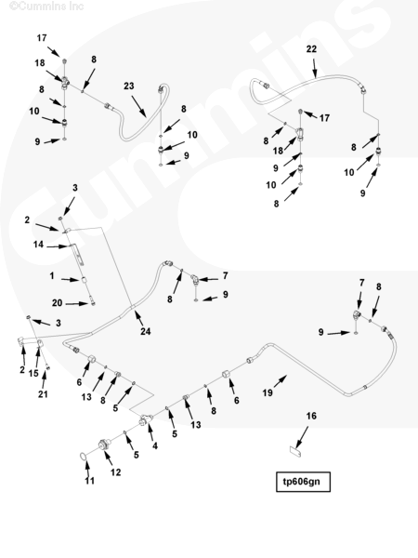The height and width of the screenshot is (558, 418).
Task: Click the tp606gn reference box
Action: click(x=303, y=482)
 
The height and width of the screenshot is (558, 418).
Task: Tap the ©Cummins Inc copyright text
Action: click(x=46, y=7)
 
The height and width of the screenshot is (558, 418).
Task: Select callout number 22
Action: click(x=311, y=48)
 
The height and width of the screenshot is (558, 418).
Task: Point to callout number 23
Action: click(x=129, y=86)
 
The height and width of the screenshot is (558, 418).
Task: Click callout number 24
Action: click(x=146, y=331)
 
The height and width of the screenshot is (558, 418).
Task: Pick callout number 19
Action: click(x=268, y=392)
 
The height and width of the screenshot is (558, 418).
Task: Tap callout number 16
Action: click(x=311, y=416)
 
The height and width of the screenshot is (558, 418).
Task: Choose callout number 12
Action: click(x=115, y=472)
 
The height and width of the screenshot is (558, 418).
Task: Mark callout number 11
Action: click(x=89, y=481)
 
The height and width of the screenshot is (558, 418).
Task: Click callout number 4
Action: click(x=155, y=445)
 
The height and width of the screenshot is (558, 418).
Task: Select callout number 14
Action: click(x=38, y=245)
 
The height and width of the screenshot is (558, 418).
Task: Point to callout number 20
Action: click(x=58, y=303)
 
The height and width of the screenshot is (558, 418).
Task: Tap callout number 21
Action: click(x=43, y=394)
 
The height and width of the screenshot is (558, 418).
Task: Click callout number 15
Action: click(x=33, y=373)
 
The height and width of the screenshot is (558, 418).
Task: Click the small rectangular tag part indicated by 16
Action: click(x=295, y=452)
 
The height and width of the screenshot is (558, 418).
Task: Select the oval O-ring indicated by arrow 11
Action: click(x=83, y=456)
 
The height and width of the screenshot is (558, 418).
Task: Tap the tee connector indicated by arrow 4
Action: click(x=146, y=419)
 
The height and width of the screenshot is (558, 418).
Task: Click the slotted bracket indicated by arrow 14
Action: click(x=79, y=254)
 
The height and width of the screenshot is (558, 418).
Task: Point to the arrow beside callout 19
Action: click(x=281, y=380)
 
